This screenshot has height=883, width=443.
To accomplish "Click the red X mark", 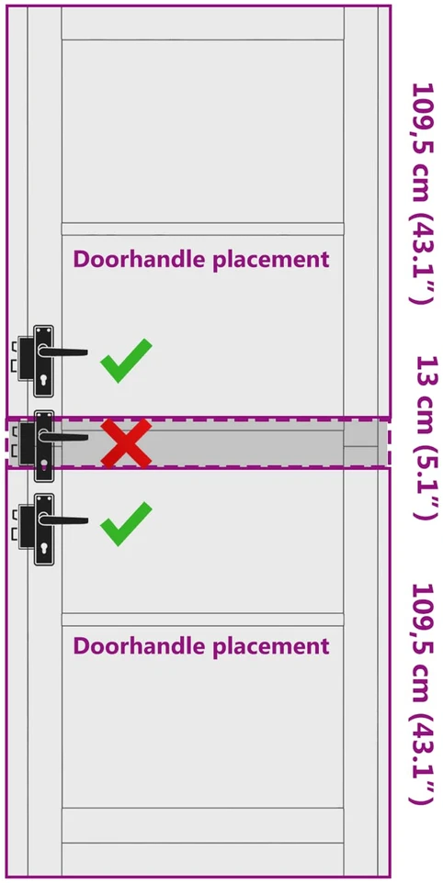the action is [126, 443].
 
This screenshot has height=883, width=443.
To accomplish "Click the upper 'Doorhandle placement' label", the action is [201, 260].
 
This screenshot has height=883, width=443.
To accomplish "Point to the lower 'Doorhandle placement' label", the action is [201, 645].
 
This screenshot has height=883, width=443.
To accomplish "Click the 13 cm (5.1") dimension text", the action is [426, 438].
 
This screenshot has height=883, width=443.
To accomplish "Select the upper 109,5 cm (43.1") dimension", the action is [423, 194].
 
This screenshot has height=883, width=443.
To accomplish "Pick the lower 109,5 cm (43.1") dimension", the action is [423, 694].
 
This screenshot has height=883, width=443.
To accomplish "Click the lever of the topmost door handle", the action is [63, 352].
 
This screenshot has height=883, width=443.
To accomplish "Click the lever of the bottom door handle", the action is [63, 520].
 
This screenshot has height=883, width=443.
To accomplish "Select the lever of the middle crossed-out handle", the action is [63, 437].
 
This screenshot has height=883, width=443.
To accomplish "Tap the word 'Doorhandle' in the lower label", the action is [138, 644].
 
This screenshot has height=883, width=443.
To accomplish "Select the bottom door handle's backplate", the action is [43, 530].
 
